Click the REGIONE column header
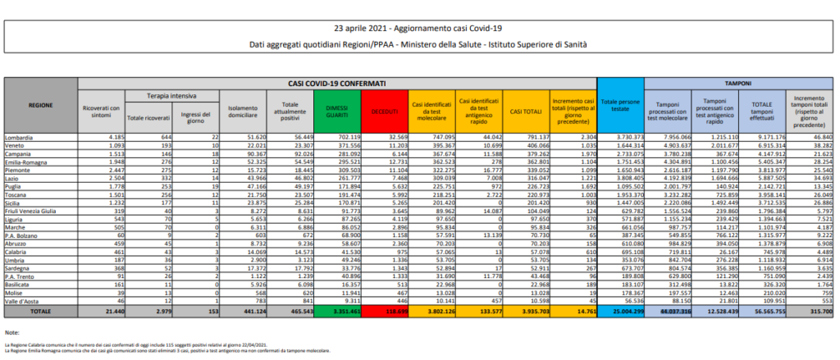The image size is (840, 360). pos(42,106)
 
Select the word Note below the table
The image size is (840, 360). pos(12,332)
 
